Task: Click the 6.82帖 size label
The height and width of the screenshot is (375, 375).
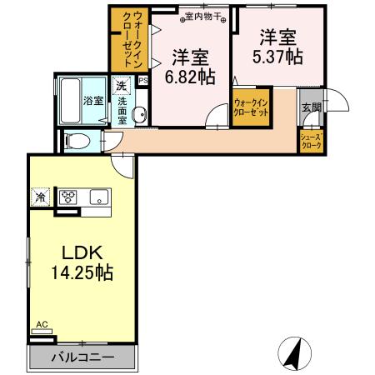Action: pos(190,76)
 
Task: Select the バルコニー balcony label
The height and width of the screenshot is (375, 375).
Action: pos(82,357)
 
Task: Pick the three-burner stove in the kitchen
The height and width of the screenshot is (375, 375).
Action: pos(68,198)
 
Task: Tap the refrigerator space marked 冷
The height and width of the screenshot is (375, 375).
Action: pos(41,198)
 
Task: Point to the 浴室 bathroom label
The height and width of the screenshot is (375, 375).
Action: pos(92,101)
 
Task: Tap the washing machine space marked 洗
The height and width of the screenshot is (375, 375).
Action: pos(122,86)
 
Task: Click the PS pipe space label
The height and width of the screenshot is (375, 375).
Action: pos(142,81)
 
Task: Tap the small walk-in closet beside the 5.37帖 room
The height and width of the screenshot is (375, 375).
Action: pos(251,109)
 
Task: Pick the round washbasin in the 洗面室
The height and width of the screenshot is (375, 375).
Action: pos(140,116)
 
